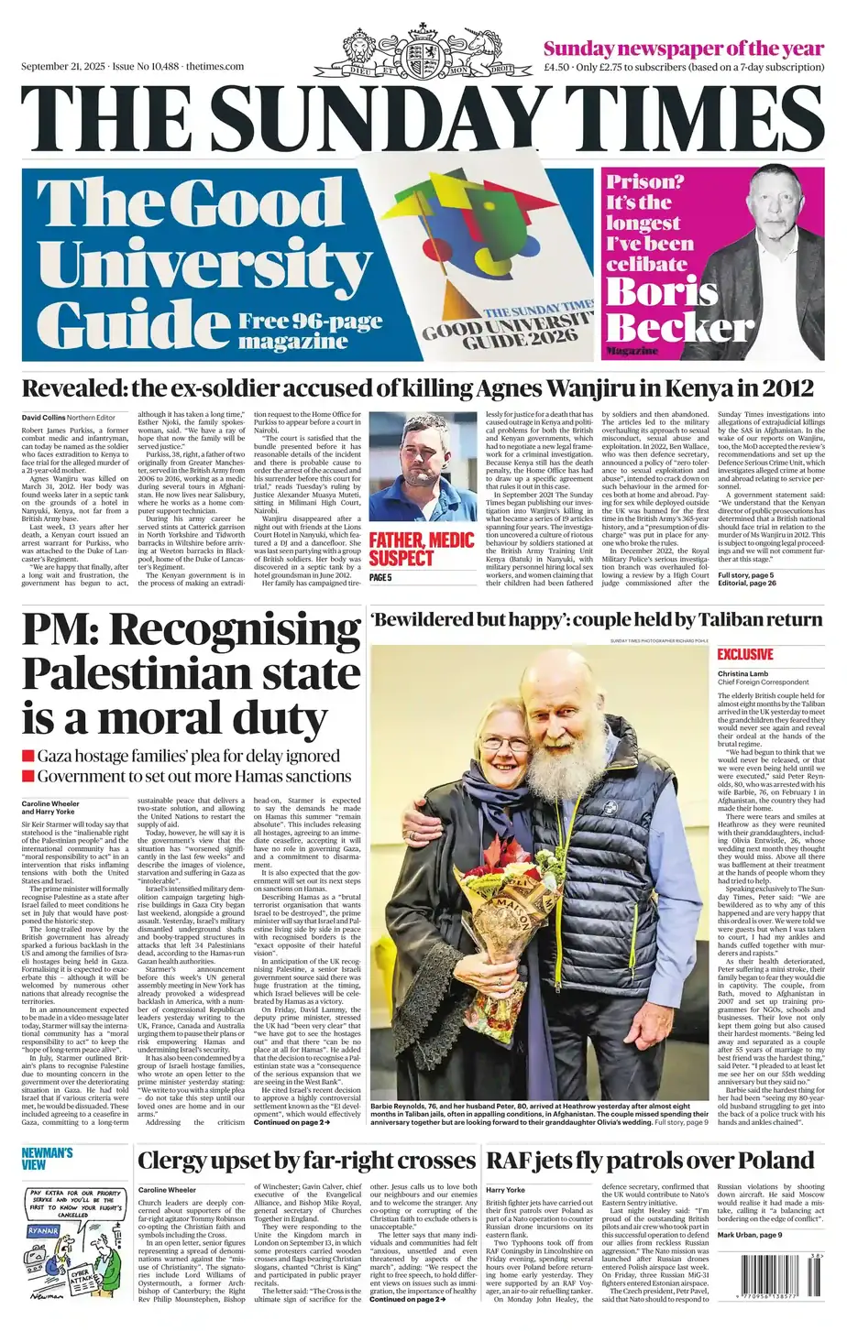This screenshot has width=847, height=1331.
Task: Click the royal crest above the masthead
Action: [x=423, y=52]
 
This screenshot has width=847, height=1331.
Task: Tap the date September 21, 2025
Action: [x=62, y=67]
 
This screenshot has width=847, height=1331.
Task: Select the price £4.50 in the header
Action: [x=556, y=67]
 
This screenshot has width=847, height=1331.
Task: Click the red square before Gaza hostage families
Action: [x=27, y=756]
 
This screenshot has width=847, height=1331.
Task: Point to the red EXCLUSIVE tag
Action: [x=744, y=654]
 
